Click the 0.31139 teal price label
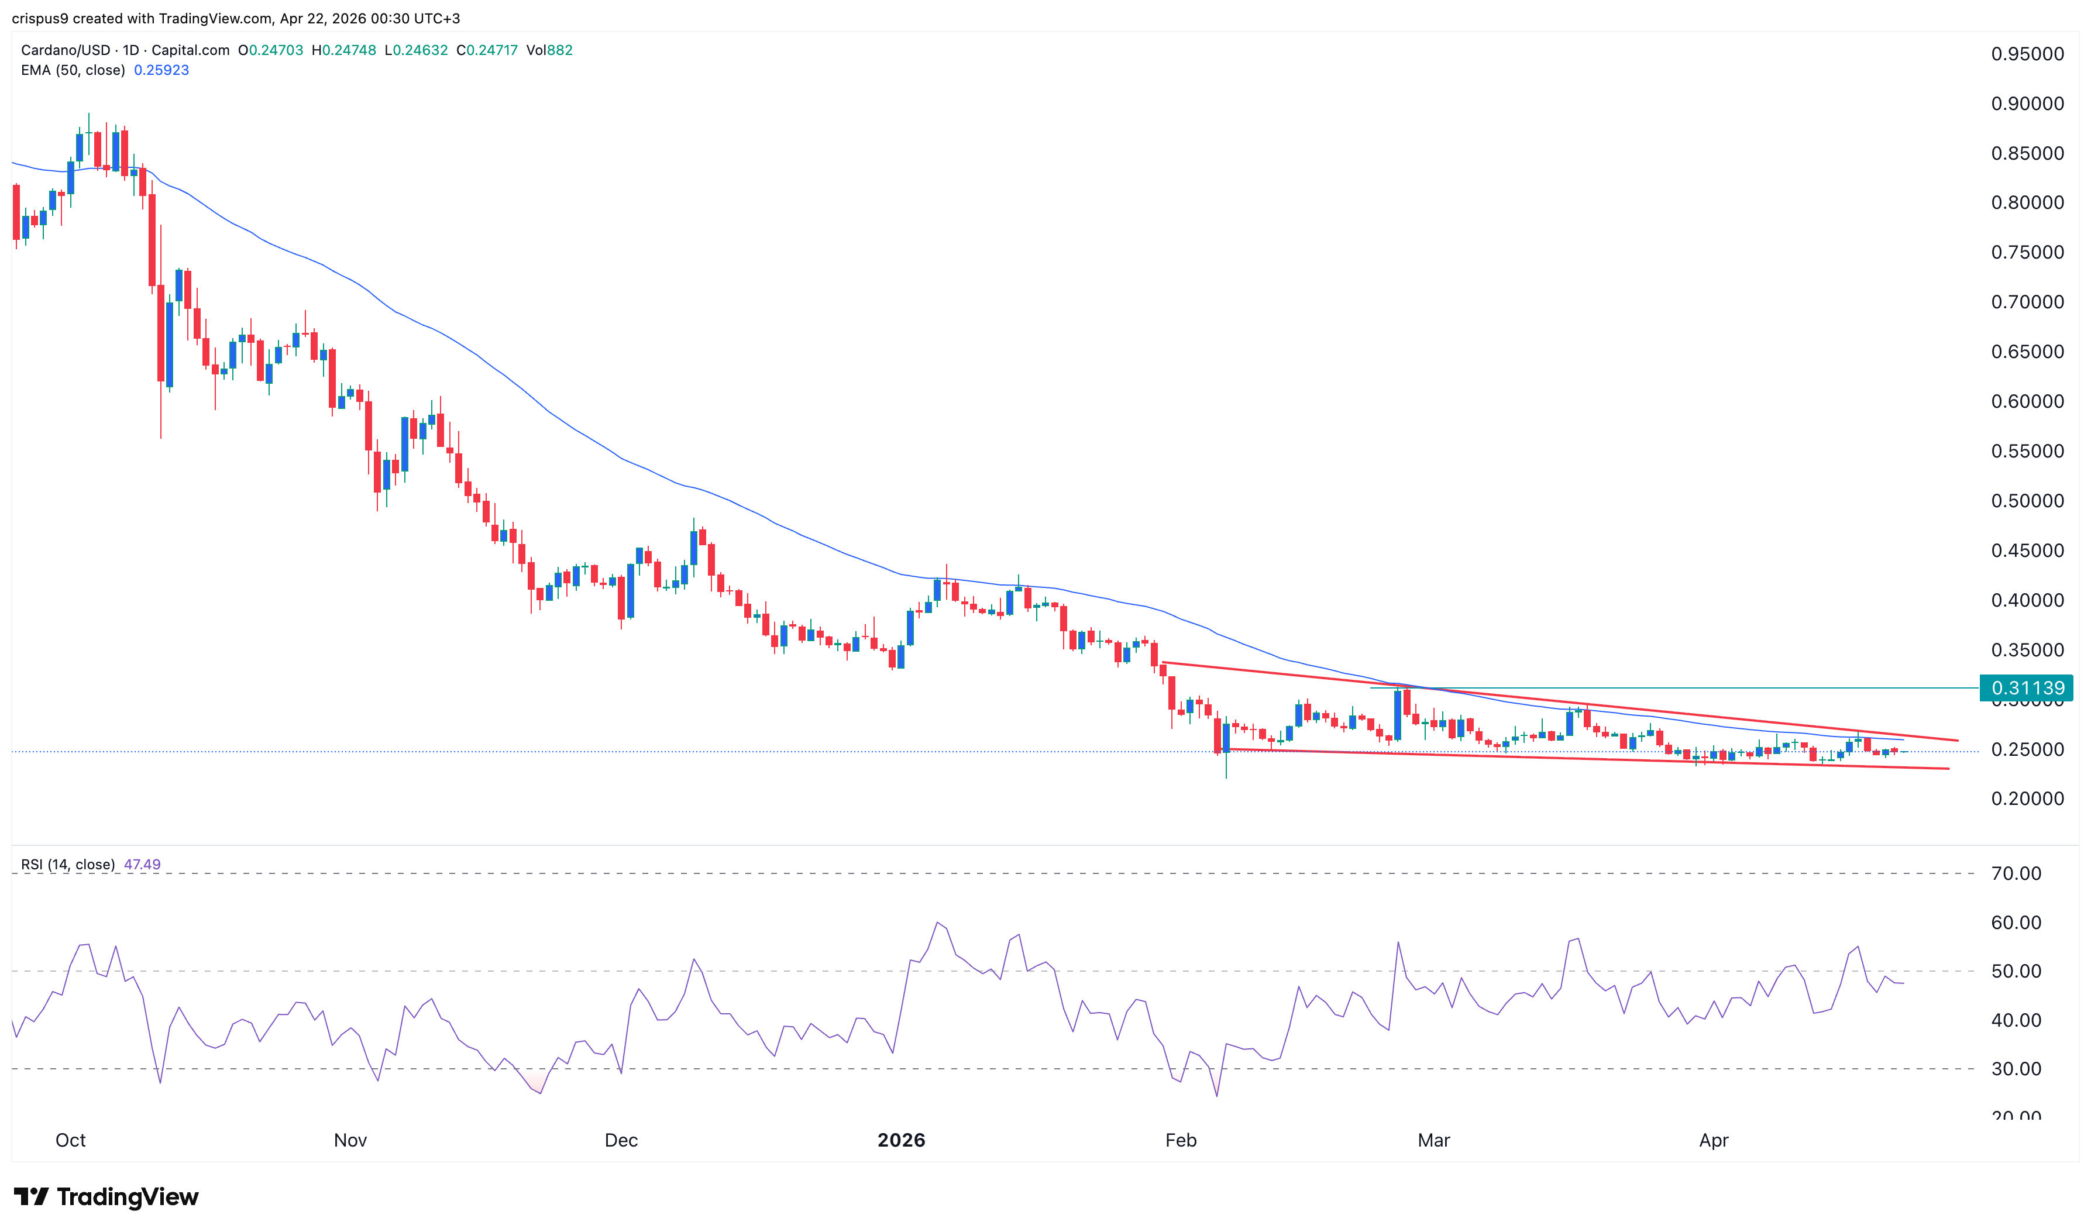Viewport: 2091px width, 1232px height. coord(2026,687)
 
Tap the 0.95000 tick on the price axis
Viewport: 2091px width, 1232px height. coord(2026,54)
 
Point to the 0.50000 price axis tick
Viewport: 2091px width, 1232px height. coord(2026,501)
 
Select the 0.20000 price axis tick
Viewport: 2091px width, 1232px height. coord(2026,799)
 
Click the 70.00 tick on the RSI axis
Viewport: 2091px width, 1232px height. coord(2016,873)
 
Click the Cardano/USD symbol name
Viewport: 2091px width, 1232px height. coord(67,50)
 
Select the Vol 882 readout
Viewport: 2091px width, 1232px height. coord(549,50)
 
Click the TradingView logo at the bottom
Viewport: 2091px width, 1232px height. coord(106,1196)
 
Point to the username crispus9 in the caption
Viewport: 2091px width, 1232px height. coord(40,18)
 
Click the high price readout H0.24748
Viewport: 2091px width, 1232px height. coord(343,50)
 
